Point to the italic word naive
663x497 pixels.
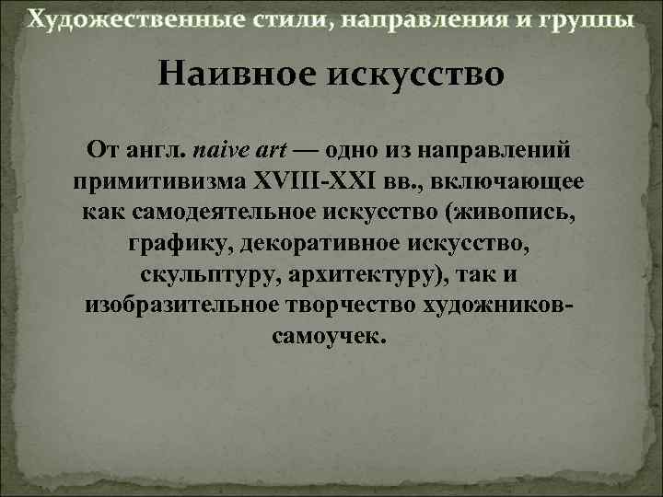pyautogui.click(x=222, y=148)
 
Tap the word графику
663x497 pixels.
pyautogui.click(x=174, y=245)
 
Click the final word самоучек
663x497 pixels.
pyautogui.click(x=331, y=336)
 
